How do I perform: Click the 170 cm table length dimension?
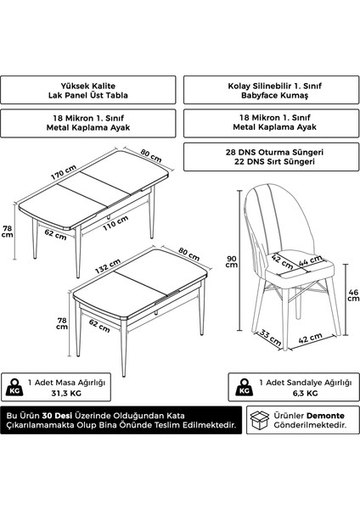coord(64,172)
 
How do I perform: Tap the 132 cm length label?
coord(108,266)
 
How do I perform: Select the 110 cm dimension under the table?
coord(115,223)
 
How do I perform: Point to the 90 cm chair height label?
coord(232,261)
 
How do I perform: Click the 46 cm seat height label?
coord(353,295)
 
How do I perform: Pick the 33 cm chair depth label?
coord(270,338)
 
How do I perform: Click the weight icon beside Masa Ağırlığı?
coord(14,388)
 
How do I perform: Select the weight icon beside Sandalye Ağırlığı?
coord(245,388)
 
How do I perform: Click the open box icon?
coord(260,420)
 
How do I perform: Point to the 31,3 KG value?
coord(66,393)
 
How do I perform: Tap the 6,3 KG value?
coord(305,393)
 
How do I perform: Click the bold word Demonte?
coord(325,416)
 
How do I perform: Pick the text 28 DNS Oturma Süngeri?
coord(274,152)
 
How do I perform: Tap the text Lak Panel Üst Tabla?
coord(88,95)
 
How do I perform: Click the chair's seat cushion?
coord(301,267)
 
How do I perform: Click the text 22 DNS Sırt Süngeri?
coord(274,161)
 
